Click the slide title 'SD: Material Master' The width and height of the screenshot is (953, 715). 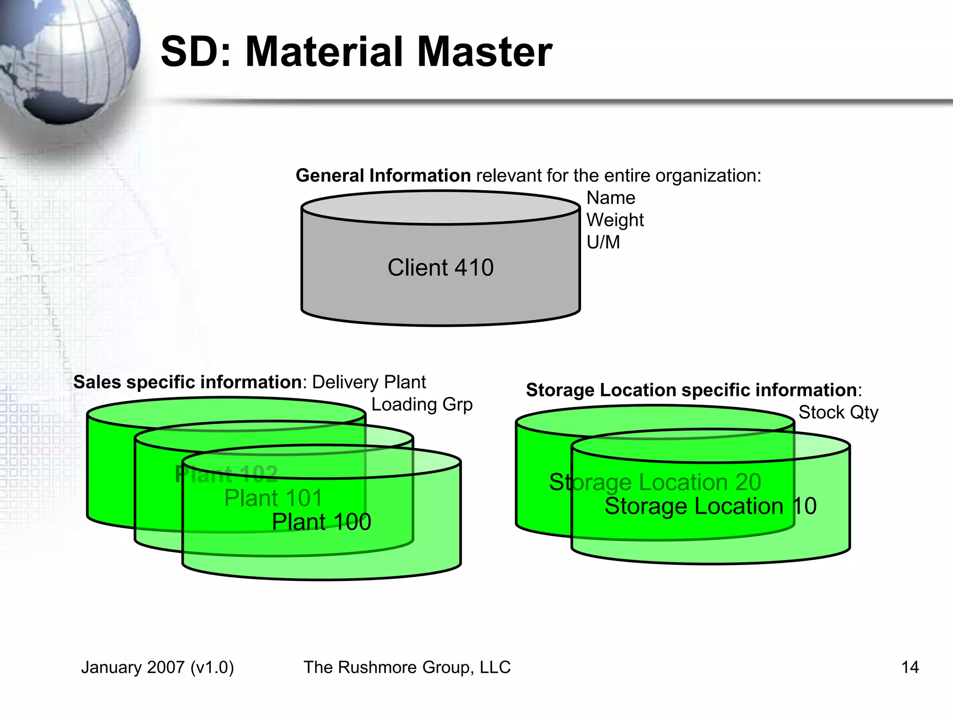[356, 52]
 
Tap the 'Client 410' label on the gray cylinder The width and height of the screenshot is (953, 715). [440, 268]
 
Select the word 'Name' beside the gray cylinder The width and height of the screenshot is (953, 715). [611, 198]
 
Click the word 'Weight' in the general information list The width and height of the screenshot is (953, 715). [615, 220]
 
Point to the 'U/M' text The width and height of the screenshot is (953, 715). [603, 242]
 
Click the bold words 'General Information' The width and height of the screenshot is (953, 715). [383, 175]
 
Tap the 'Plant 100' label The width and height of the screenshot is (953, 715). [321, 522]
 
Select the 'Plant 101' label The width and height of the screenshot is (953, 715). [273, 498]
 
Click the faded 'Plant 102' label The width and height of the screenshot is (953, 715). [226, 474]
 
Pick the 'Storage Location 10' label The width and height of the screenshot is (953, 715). [710, 506]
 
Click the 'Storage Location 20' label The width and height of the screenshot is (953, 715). [655, 482]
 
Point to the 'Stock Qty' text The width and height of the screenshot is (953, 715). [838, 412]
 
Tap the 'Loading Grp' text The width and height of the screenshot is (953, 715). [422, 405]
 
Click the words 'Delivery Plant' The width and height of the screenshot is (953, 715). [369, 382]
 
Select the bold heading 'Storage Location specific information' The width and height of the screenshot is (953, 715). [691, 390]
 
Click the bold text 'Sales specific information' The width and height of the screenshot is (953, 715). [188, 382]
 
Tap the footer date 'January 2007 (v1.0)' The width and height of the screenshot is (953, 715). [157, 667]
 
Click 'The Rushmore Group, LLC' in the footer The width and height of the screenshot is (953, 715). [407, 667]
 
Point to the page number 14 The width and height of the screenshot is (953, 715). [910, 667]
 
